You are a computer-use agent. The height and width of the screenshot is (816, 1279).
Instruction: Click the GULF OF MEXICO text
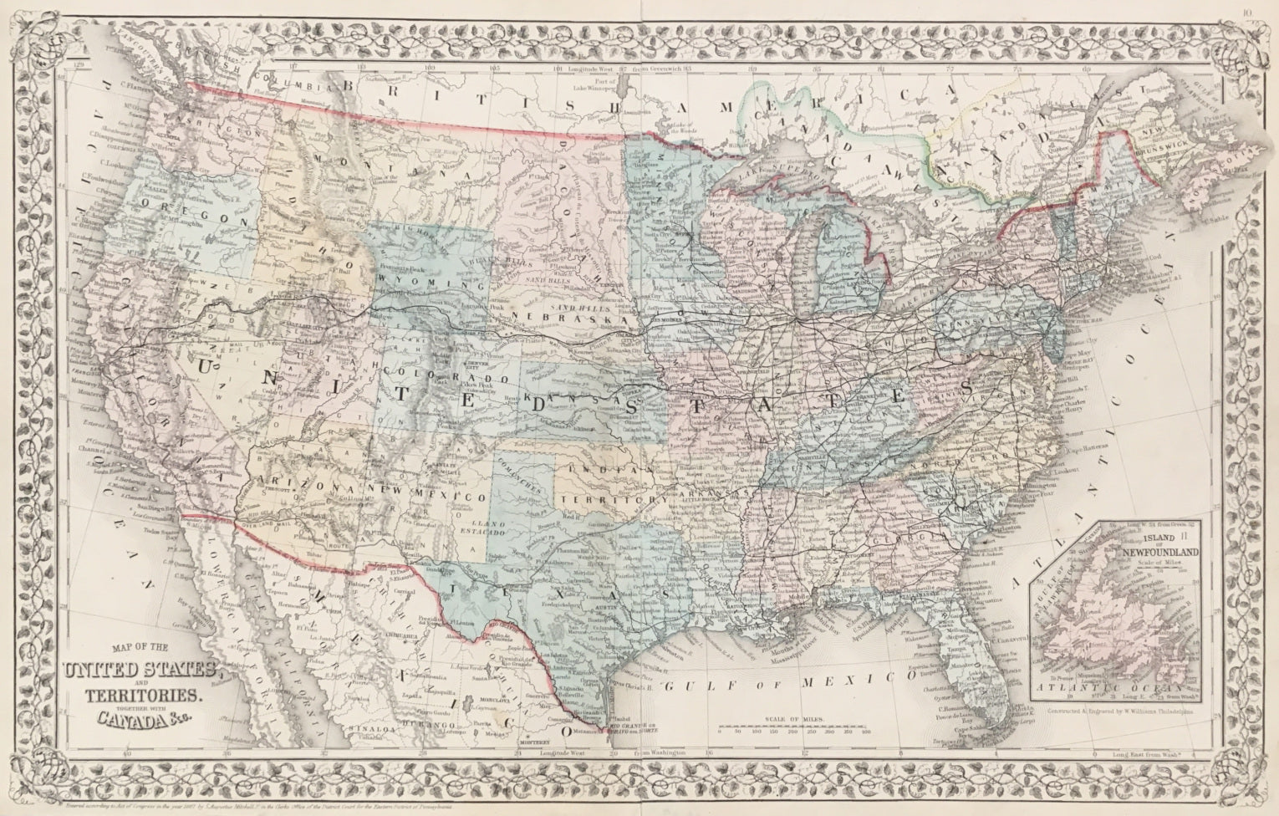[787, 683]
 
